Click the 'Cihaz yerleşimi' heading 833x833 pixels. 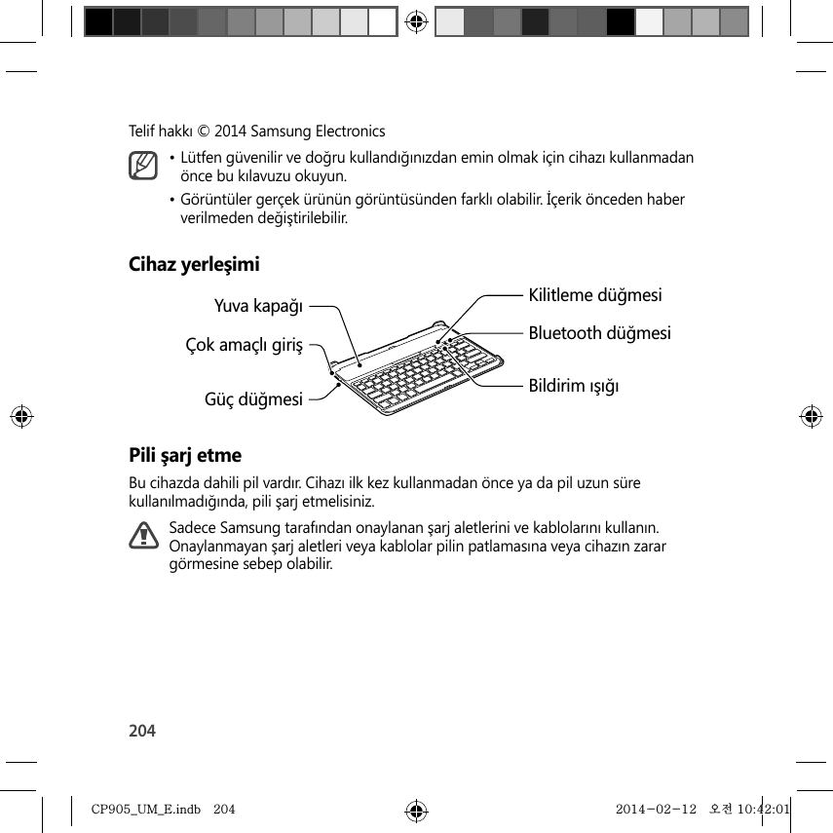tap(195, 264)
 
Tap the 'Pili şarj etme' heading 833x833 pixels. tap(186, 455)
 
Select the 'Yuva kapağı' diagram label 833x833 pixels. tap(258, 307)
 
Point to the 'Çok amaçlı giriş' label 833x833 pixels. tap(245, 345)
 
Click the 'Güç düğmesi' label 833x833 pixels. tap(252, 398)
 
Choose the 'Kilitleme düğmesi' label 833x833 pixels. tap(595, 294)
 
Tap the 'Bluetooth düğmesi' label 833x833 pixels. tap(599, 333)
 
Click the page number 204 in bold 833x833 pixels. tap(142, 731)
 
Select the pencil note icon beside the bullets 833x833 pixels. tap(143, 166)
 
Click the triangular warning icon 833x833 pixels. tap(143, 535)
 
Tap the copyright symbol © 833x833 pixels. tap(205, 131)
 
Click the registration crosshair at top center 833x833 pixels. tap(416, 21)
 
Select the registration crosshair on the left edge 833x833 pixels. tap(21, 416)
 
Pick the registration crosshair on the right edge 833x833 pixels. tap(811, 416)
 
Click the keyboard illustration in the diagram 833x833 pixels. tap(419, 370)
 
